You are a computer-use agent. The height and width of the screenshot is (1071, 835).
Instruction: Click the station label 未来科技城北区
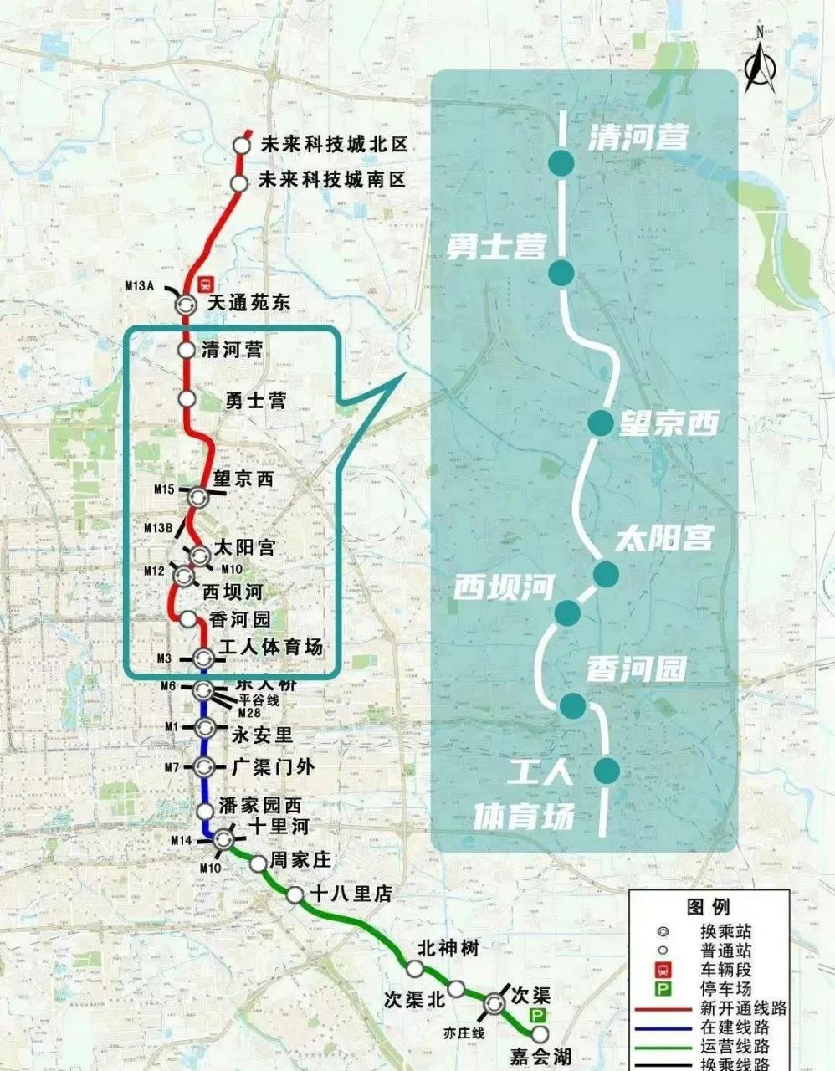tap(333, 145)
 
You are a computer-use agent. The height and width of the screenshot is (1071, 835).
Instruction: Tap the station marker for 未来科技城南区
tap(239, 182)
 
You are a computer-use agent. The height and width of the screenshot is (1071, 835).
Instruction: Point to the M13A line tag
tap(140, 285)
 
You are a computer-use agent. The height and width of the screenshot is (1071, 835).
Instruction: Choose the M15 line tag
tap(163, 489)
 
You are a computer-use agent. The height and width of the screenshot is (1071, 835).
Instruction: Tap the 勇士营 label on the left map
tap(255, 400)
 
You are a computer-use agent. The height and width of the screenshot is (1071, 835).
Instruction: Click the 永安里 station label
tap(262, 735)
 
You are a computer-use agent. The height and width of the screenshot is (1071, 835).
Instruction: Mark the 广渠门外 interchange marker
tap(204, 766)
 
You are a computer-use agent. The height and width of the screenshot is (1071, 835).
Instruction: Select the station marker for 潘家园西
tap(205, 811)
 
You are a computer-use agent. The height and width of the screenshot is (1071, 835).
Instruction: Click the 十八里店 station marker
tap(295, 895)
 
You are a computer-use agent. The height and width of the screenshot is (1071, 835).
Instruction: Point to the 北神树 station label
tap(448, 948)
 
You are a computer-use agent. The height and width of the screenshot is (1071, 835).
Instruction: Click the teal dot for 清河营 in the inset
tap(561, 164)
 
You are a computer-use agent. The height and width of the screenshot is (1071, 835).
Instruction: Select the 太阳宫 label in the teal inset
tap(664, 537)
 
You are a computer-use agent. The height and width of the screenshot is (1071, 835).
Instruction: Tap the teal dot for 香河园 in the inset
tap(573, 705)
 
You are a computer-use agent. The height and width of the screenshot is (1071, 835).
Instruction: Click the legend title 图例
tap(708, 907)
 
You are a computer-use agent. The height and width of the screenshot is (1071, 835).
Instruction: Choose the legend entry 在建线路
tap(735, 1027)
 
